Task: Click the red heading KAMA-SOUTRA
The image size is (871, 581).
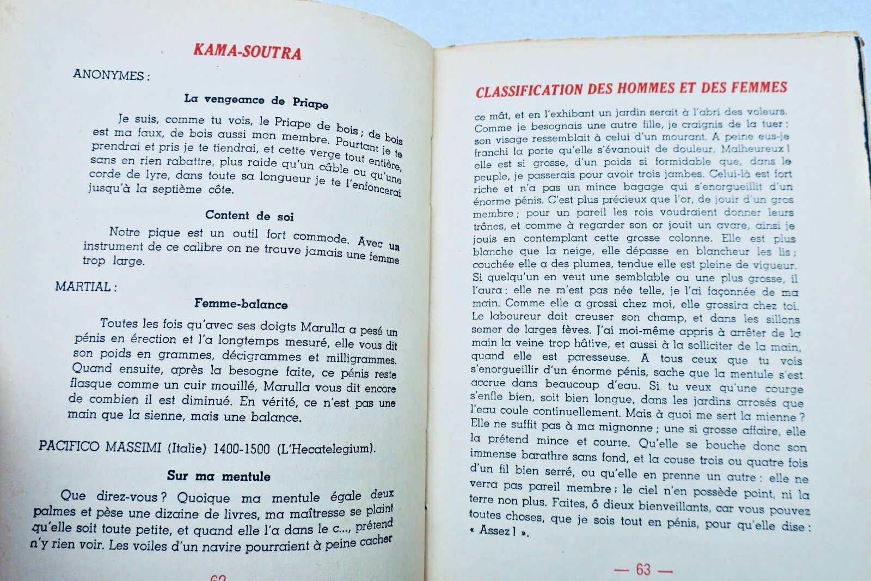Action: (247, 51)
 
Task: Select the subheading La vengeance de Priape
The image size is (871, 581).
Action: (256, 101)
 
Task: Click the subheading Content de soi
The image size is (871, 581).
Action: (249, 216)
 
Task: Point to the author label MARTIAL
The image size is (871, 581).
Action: (85, 287)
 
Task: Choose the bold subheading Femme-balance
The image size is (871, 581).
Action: (241, 304)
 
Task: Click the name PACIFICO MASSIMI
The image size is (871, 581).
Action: (100, 447)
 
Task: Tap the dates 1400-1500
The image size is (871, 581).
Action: (241, 449)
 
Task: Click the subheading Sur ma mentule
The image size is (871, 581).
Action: (218, 476)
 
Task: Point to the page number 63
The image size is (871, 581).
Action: (643, 570)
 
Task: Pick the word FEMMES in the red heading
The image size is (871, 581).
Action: (759, 87)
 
